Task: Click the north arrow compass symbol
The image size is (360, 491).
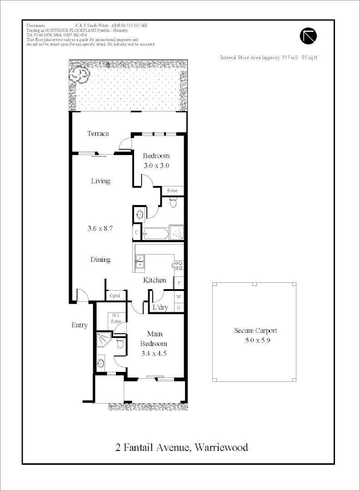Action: pos(308,35)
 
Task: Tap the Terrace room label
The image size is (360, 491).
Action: pos(98,134)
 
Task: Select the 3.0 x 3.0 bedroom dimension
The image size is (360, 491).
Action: pos(156,165)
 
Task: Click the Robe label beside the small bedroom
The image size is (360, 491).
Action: pos(172,191)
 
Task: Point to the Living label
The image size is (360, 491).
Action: pos(100,181)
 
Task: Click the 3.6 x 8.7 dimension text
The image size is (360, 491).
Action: pos(100,229)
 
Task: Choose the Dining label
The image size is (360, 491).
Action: pos(100,260)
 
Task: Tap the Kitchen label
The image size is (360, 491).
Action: pos(155,280)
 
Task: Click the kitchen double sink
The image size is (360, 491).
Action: pos(140,261)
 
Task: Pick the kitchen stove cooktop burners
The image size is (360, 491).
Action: pos(178,264)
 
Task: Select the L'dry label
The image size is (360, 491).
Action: pos(160,307)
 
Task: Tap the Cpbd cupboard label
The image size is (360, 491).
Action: pos(115,296)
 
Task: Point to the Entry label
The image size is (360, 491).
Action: pos(80,325)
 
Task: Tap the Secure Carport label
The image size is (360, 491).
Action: pos(255,331)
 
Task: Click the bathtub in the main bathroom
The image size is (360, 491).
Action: pos(155,234)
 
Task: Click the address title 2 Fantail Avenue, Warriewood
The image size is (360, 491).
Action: pos(182,447)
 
